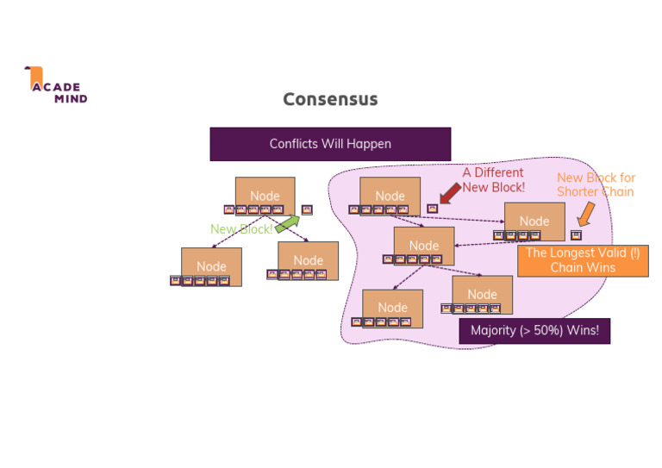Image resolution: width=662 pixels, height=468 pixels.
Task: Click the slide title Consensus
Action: point(330,99)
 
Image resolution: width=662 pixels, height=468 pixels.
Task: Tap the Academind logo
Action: point(56,85)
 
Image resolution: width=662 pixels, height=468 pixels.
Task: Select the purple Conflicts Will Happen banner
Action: point(330,144)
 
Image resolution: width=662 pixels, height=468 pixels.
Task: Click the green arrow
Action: point(287,224)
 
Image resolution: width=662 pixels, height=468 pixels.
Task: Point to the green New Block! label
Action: point(240,229)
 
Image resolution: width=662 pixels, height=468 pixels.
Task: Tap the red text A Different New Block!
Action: point(493,180)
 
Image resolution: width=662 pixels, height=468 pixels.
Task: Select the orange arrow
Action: point(585,213)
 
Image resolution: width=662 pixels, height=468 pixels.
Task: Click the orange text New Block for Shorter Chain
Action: point(596,184)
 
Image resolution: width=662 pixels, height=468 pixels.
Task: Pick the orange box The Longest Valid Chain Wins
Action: point(583,260)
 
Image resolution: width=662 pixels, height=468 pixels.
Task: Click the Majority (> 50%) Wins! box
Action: point(534,331)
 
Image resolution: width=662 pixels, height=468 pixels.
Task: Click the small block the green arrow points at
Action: point(307,209)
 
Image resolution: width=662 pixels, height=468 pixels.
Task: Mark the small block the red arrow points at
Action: point(433,209)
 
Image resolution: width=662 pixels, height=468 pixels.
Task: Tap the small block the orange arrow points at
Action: point(576,235)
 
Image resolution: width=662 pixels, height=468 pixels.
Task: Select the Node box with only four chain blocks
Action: point(534,221)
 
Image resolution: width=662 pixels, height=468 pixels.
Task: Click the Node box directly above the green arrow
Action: point(265,196)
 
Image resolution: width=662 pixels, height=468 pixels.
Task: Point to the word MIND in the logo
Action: point(71,98)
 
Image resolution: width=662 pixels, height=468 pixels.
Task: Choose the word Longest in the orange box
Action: point(574,253)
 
